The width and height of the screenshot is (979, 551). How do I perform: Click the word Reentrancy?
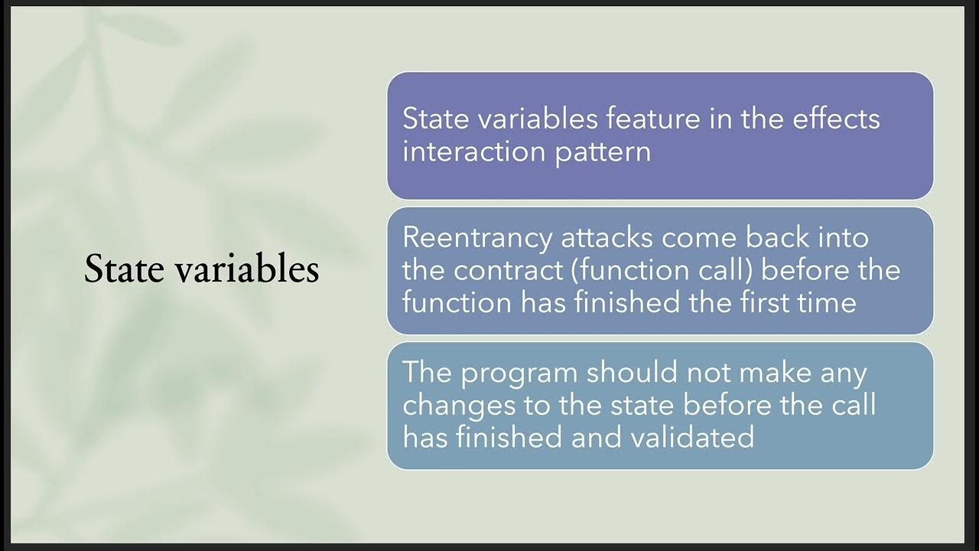click(x=476, y=238)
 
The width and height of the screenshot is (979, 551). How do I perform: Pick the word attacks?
click(x=607, y=238)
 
